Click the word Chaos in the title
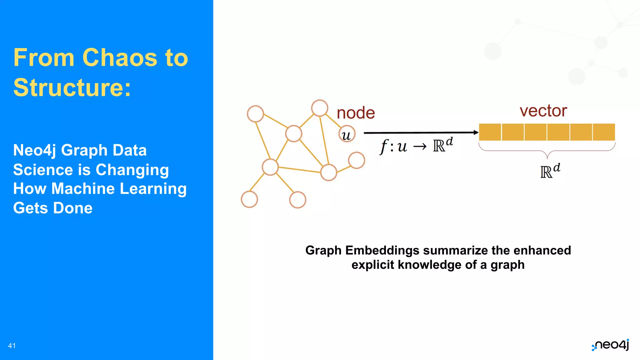pos(120,58)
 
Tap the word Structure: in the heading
pos(72,88)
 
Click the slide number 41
pos(12,346)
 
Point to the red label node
pos(356,113)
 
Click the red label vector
pos(543,111)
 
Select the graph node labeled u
pos(347,134)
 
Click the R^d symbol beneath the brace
pos(550,171)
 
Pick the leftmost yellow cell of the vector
pos(490,132)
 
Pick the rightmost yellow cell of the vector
pos(604,132)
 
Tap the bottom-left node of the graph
pos(249,199)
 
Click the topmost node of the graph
pos(320,108)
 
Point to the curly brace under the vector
pos(547,151)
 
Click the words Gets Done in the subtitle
pos(53,208)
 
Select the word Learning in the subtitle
pos(153,189)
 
